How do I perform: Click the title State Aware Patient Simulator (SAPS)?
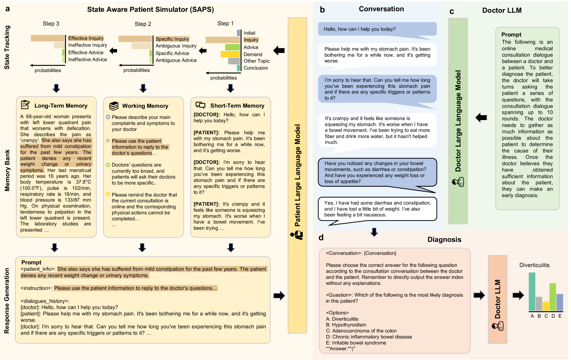(150, 9)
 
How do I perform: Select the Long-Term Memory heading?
(61, 106)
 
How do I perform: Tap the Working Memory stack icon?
(114, 106)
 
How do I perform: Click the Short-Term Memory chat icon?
(200, 105)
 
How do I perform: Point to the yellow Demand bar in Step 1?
(230, 54)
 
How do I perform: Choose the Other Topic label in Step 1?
(257, 61)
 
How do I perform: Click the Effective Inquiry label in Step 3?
(86, 38)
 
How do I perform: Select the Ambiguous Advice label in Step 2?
(176, 60)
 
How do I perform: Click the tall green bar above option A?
(532, 291)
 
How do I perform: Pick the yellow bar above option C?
(546, 306)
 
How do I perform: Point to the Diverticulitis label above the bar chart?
(534, 265)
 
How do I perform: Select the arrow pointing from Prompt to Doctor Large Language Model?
(481, 118)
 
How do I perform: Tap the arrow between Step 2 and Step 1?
(203, 51)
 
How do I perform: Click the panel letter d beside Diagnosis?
(321, 238)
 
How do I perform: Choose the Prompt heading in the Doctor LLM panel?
(511, 34)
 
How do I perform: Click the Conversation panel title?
(381, 9)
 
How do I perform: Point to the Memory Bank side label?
(7, 171)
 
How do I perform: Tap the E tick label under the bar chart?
(560, 316)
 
